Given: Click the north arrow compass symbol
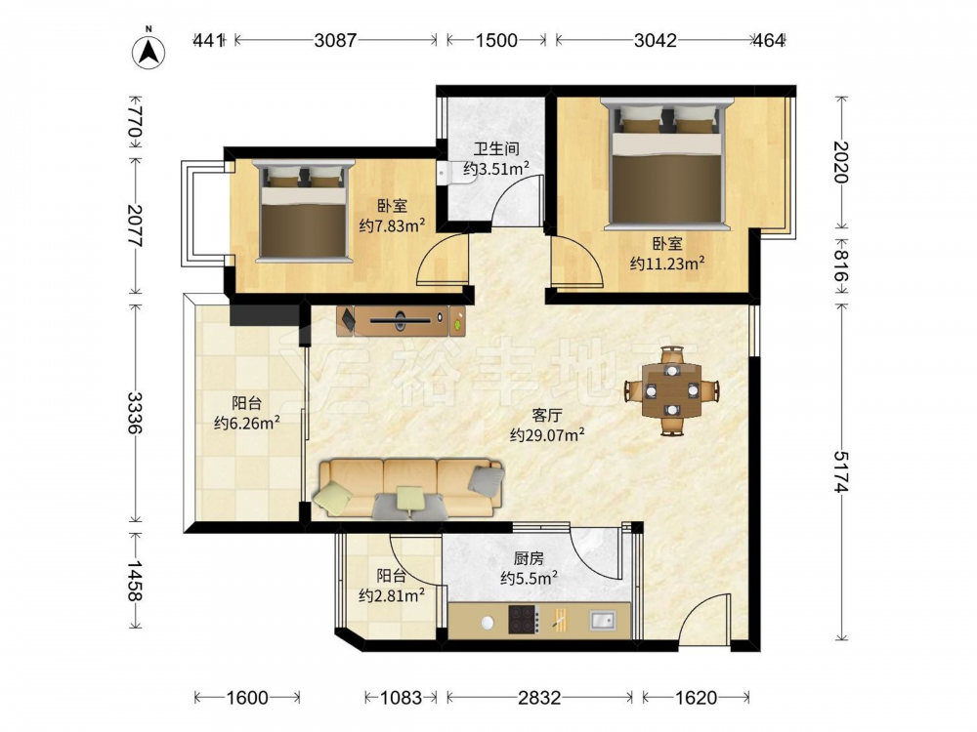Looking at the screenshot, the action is [x=149, y=50].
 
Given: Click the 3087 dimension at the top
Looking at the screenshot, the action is [x=335, y=40].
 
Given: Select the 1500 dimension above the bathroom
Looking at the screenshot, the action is [x=496, y=40].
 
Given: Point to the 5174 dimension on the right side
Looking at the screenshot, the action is [x=842, y=471].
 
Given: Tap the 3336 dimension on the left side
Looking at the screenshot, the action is [x=135, y=412].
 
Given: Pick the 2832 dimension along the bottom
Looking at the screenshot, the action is [x=539, y=698].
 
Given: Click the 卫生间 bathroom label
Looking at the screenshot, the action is [x=496, y=149].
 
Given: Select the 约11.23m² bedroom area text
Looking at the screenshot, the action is [x=666, y=264].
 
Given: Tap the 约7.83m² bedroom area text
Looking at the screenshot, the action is [x=392, y=224].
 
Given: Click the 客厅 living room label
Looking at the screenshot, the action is [x=547, y=415].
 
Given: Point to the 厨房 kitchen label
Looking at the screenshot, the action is [x=529, y=558].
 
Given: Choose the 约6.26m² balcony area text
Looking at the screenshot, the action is [x=246, y=424].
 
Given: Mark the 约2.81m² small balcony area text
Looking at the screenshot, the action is [x=392, y=595].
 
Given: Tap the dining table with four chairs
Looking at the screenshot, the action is [x=672, y=391].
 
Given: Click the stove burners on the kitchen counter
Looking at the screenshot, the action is [x=524, y=620].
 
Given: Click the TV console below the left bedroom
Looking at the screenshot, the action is [x=401, y=320].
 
